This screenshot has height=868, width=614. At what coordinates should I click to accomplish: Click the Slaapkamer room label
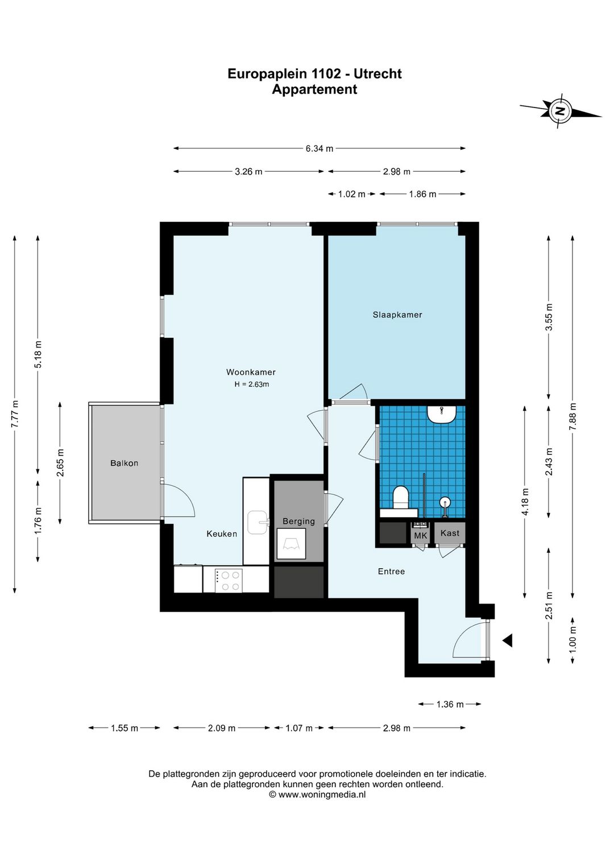click(x=397, y=315)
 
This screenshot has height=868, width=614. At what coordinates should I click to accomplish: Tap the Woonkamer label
click(x=251, y=372)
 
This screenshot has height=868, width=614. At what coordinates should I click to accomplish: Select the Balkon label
click(x=124, y=463)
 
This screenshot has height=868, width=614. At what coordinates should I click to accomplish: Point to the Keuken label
click(x=222, y=534)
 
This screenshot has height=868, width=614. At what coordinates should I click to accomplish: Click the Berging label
click(x=298, y=522)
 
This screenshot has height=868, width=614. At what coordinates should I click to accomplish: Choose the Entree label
click(x=391, y=571)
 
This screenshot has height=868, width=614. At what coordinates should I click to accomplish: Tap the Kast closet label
click(x=450, y=533)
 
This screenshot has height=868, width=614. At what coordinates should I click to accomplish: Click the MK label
click(x=420, y=536)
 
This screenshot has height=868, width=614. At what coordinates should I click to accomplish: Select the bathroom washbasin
click(x=442, y=414)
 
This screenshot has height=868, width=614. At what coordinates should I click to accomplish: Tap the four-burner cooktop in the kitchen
click(x=229, y=580)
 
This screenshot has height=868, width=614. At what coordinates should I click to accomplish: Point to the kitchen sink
click(x=258, y=522)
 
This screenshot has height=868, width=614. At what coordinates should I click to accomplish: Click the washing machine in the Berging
click(x=291, y=544)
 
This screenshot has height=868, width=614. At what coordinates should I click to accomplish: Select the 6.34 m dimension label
click(x=319, y=148)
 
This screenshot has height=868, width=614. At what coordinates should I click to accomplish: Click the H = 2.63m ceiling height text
click(x=251, y=385)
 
